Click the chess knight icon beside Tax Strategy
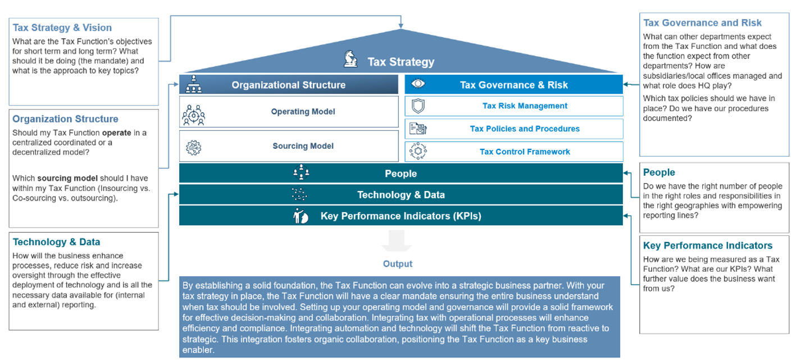351,59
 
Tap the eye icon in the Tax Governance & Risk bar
418,84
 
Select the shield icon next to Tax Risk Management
418,106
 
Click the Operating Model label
303,112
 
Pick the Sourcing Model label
303,146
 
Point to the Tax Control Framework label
525,152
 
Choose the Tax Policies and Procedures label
525,129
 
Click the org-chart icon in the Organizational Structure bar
194,84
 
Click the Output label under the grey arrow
398,264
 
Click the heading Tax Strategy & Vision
62,28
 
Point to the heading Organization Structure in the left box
65,119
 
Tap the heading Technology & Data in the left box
57,242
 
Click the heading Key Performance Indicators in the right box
707,245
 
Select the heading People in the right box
659,172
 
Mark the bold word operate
116,133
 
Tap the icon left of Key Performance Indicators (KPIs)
301,216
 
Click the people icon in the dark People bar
301,172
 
